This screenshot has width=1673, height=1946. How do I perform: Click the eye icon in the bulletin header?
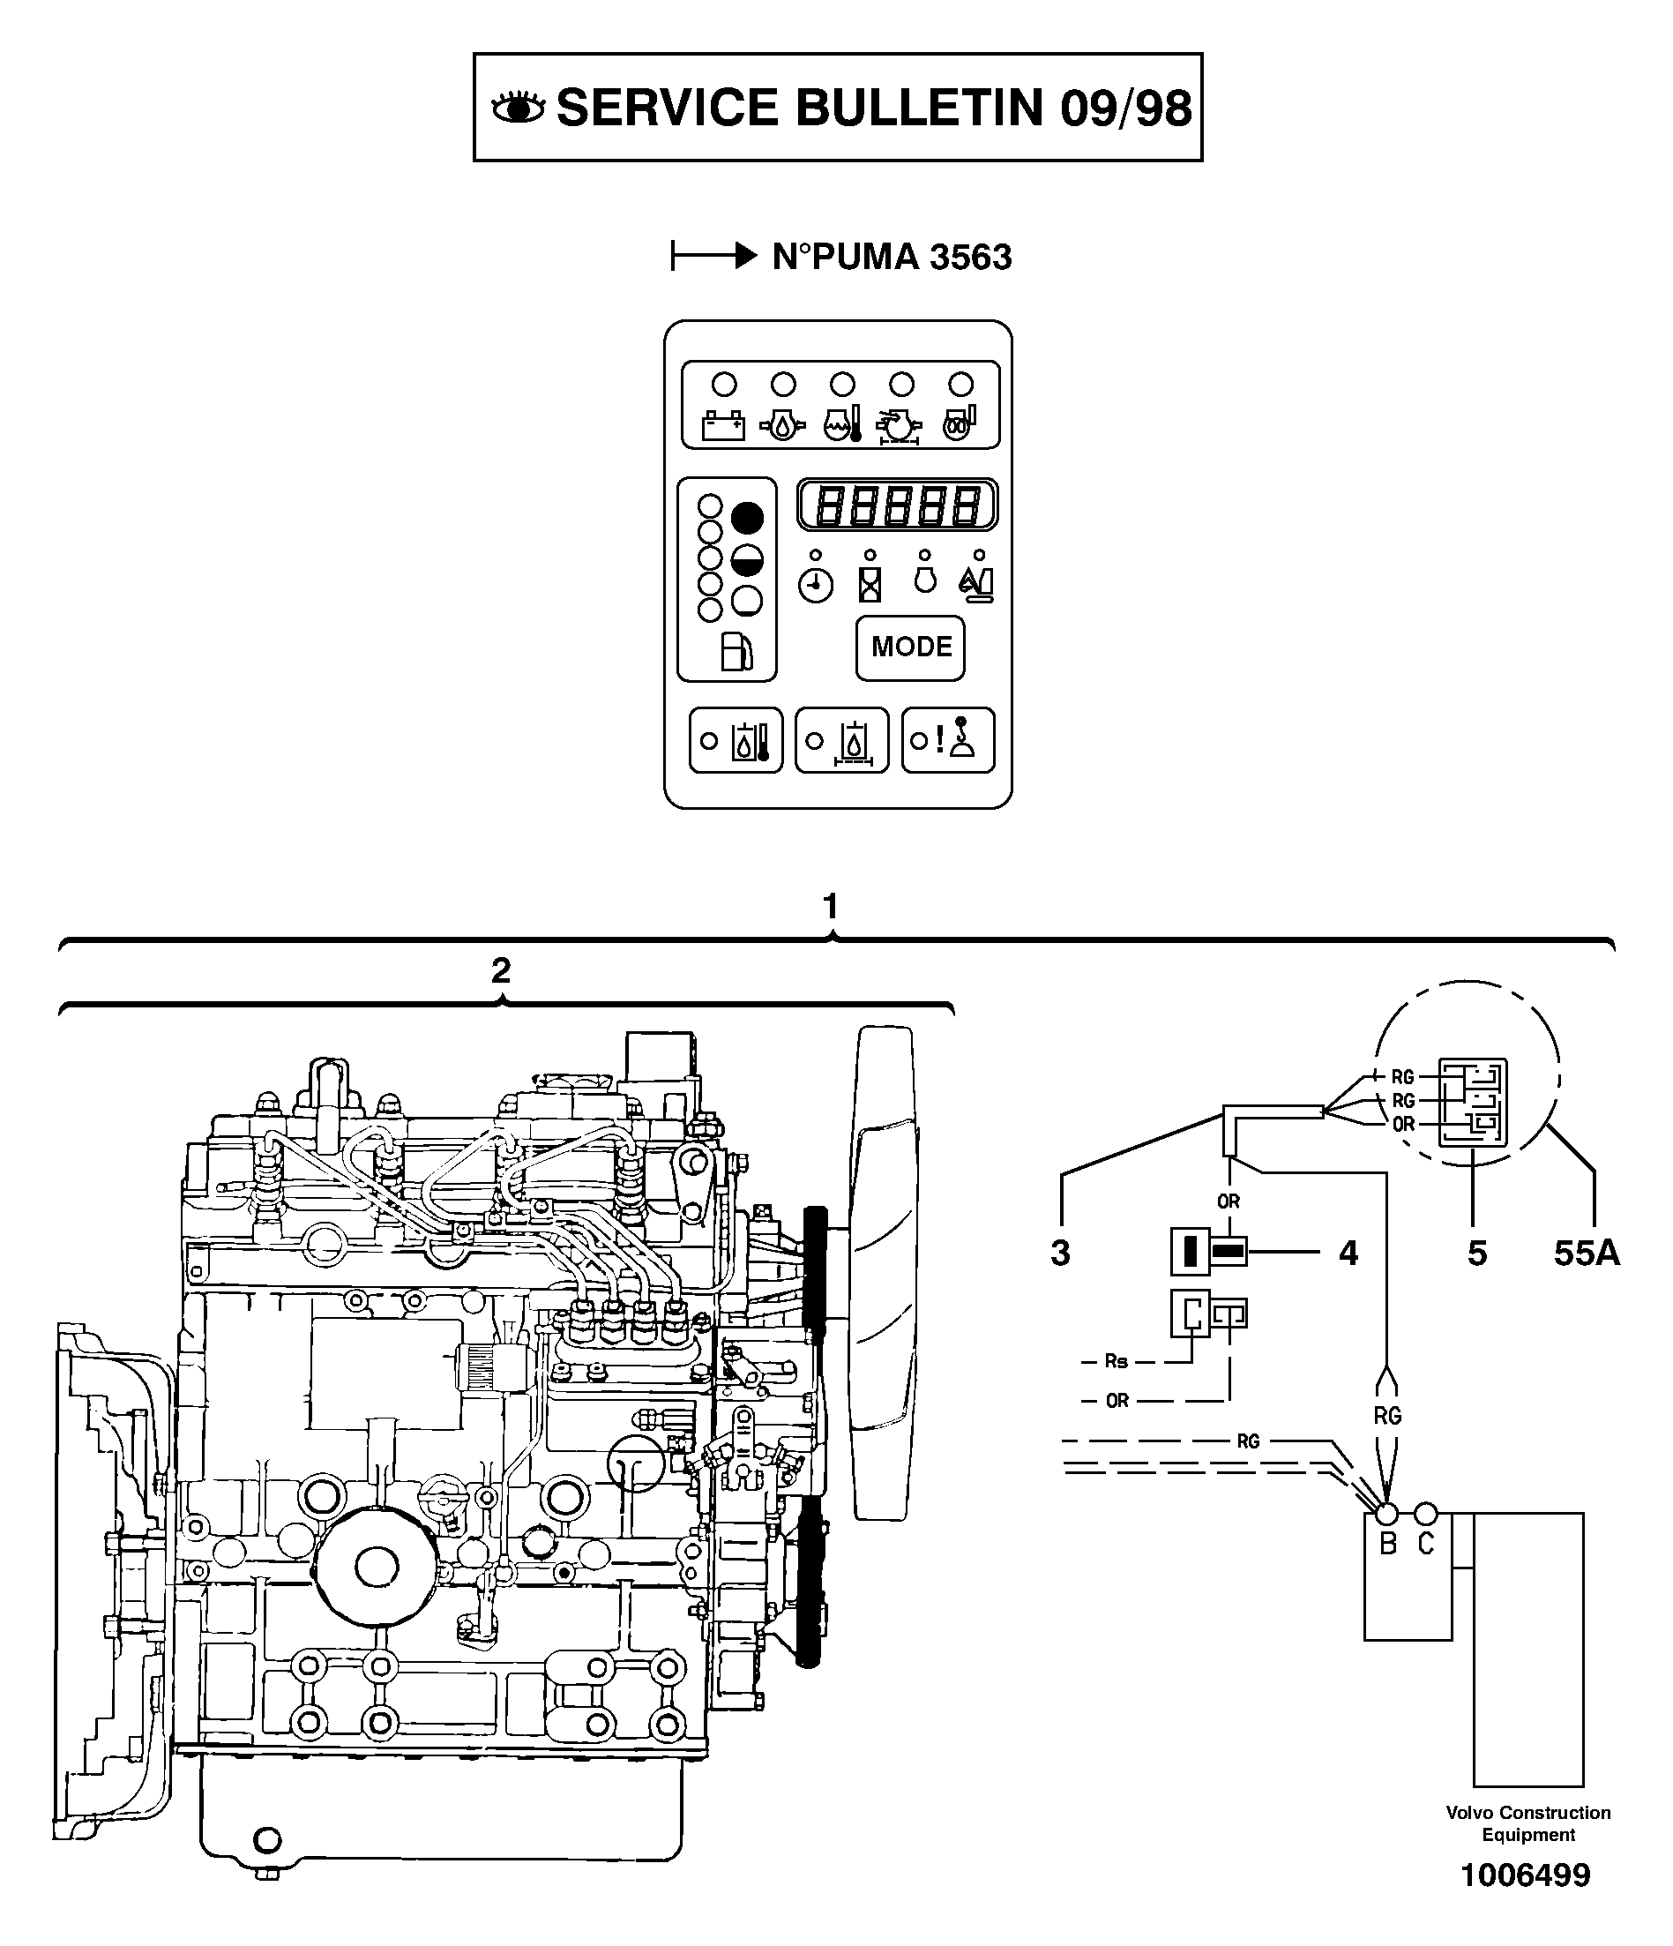pyautogui.click(x=519, y=108)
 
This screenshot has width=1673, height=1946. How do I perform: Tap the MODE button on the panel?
pyautogui.click(x=910, y=647)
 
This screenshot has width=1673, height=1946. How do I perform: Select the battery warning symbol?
pyautogui.click(x=723, y=425)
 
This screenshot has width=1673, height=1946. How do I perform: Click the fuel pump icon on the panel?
pyautogui.click(x=736, y=651)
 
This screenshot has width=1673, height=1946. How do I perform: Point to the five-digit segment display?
pyautogui.click(x=897, y=505)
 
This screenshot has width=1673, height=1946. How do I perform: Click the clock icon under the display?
pyautogui.click(x=815, y=586)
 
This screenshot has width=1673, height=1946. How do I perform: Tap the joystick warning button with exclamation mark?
pyautogui.click(x=948, y=740)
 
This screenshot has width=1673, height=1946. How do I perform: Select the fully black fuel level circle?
pyautogui.click(x=747, y=518)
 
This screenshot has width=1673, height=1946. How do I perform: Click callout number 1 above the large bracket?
pyautogui.click(x=830, y=906)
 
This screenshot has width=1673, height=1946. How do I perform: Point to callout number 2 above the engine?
pyautogui.click(x=501, y=970)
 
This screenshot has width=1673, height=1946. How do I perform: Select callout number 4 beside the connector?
pyautogui.click(x=1348, y=1252)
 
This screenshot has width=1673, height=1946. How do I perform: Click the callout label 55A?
pyautogui.click(x=1586, y=1252)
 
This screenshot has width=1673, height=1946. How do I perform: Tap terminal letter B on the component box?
pyautogui.click(x=1387, y=1542)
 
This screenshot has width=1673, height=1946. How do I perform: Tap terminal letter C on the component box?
pyautogui.click(x=1425, y=1542)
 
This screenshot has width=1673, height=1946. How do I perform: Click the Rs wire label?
pyautogui.click(x=1116, y=1361)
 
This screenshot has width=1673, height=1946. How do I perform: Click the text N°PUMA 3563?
pyautogui.click(x=891, y=257)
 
